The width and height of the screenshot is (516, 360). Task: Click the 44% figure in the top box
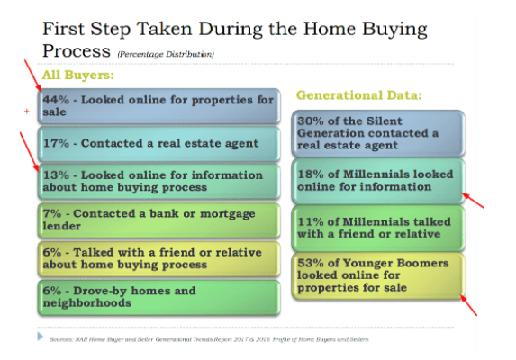pyautogui.click(x=56, y=100)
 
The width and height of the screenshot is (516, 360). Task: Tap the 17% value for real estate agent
pyautogui.click(x=56, y=143)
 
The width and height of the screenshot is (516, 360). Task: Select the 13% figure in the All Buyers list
pyautogui.click(x=56, y=175)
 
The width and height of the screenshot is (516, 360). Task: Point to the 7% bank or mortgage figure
pyautogui.click(x=52, y=213)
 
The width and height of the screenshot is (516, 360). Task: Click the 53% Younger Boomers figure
pyautogui.click(x=311, y=263)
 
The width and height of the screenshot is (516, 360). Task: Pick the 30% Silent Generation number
pyautogui.click(x=311, y=121)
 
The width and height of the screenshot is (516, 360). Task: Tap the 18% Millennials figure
pyautogui.click(x=311, y=175)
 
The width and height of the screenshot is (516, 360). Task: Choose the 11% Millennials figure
pyautogui.click(x=311, y=221)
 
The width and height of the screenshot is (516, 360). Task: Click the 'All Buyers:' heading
pyautogui.click(x=78, y=75)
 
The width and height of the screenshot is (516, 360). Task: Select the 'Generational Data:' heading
pyautogui.click(x=358, y=95)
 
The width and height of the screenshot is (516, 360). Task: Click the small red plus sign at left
pyautogui.click(x=27, y=112)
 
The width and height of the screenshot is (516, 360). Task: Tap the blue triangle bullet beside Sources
pyautogui.click(x=41, y=337)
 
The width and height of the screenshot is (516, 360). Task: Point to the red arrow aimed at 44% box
pyautogui.click(x=33, y=76)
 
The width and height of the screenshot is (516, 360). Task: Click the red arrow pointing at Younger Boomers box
pyautogui.click(x=468, y=305)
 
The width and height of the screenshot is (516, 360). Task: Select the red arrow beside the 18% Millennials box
pyautogui.click(x=473, y=201)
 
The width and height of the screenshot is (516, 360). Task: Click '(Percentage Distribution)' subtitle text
pyautogui.click(x=166, y=54)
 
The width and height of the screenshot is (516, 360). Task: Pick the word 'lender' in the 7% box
pyautogui.click(x=61, y=226)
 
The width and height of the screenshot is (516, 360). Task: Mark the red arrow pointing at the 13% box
pyautogui.click(x=30, y=152)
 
